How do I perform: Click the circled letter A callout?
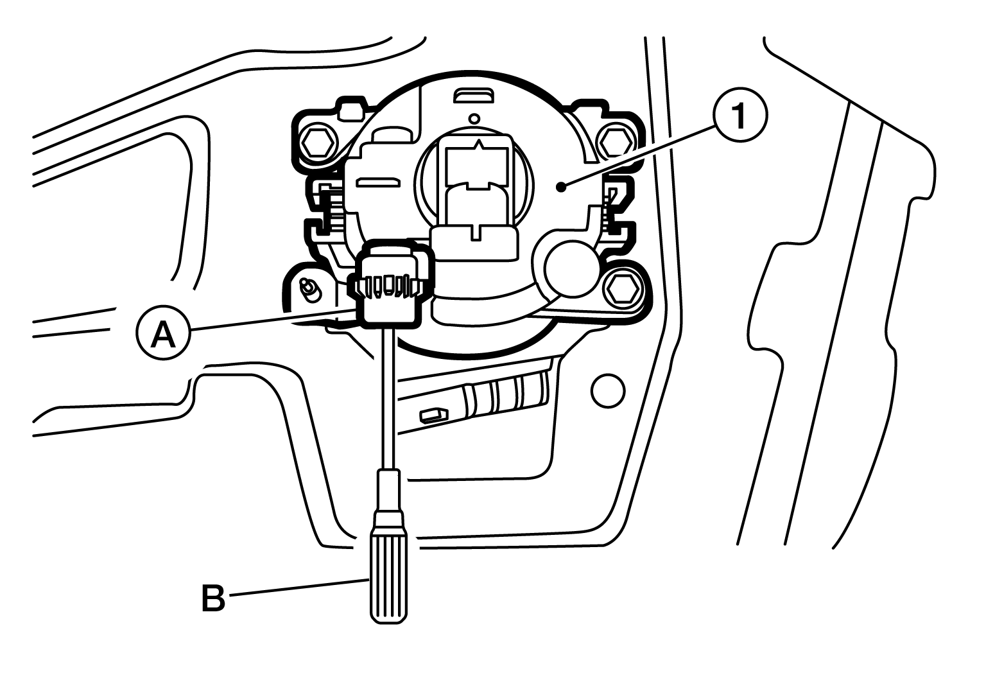tap(163, 333)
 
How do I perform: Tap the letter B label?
tap(213, 598)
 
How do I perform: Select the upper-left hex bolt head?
tap(316, 143)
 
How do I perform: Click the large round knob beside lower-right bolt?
tap(572, 268)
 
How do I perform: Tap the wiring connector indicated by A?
tap(388, 285)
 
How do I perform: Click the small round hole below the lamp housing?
tap(608, 390)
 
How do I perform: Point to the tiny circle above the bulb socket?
tap(474, 118)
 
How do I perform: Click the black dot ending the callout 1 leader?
tap(561, 188)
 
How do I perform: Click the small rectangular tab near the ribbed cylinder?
tap(433, 415)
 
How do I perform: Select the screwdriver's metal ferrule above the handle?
tap(388, 492)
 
